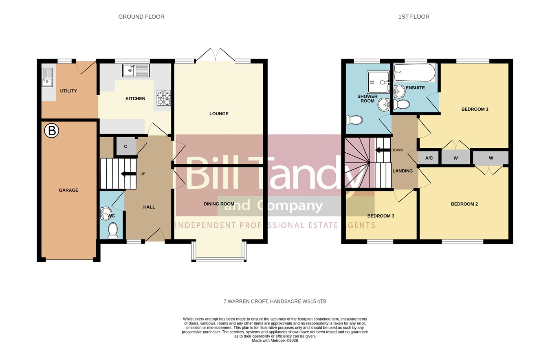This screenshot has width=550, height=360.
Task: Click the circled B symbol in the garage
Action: coord(52,131)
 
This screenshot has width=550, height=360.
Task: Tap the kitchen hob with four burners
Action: coord(164,98)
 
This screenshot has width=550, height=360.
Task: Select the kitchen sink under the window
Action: coord(136,70)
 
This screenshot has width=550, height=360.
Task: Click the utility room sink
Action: coord(47,77)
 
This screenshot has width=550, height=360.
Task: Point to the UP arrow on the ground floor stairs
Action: coord(128,174)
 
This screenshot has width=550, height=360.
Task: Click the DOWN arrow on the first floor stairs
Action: coord(383,150)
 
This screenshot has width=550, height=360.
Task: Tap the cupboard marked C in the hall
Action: coord(126,147)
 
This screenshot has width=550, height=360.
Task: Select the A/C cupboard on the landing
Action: coord(429,158)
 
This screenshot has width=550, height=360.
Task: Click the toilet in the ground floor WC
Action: coord(113,230)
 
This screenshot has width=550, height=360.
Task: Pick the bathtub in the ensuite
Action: coord(414,72)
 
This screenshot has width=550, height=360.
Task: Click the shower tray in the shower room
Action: coord(378,82)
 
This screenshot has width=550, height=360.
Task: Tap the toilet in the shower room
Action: coord(354,120)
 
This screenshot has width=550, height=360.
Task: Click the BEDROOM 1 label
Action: coord(475,109)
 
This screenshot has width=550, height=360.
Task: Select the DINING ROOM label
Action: coord(219,204)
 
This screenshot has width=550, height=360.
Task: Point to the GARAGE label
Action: coord(68,190)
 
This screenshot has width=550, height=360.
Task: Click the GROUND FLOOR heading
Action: coord(141,17)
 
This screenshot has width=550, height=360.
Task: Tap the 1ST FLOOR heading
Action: coord(414,17)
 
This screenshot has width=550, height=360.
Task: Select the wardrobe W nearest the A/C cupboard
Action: coord(456,158)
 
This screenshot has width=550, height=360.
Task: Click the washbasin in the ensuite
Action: coord(399,91)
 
